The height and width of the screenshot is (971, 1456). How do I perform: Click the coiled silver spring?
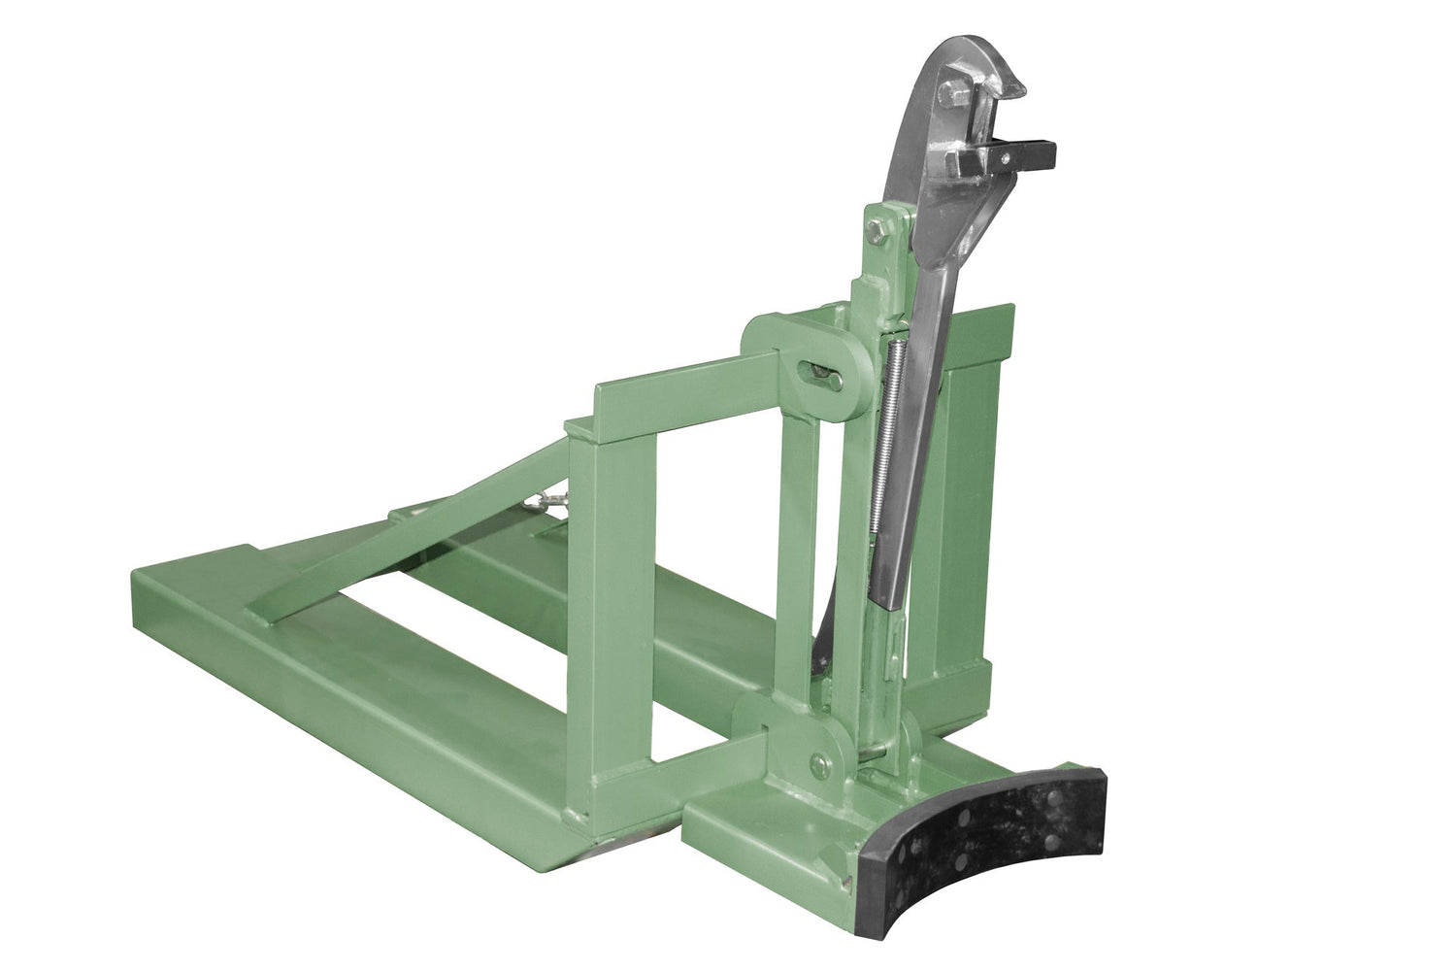[x=895, y=427]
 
